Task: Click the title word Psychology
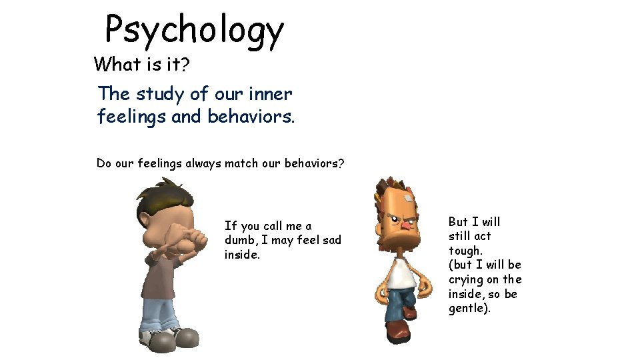pos(195,31)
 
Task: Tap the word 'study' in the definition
pos(158,95)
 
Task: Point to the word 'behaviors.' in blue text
pos(251,117)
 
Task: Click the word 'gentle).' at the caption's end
pos(469,309)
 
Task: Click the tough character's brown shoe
pos(398,331)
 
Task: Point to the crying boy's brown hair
pos(160,200)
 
